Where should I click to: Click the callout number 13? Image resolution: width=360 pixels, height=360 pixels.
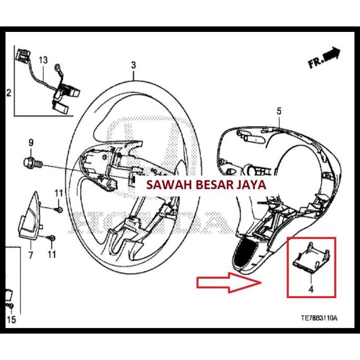(43, 60)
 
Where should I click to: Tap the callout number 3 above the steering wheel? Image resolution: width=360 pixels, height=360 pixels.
(133, 65)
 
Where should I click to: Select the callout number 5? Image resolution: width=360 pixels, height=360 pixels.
(279, 111)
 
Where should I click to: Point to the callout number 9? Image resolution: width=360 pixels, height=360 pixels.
(31, 143)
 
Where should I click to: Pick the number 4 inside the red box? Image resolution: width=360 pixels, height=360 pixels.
(311, 288)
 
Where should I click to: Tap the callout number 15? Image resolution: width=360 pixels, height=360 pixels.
(11, 320)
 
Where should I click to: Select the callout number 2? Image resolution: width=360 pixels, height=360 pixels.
(8, 93)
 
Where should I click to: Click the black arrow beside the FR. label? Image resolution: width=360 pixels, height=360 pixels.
(331, 53)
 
